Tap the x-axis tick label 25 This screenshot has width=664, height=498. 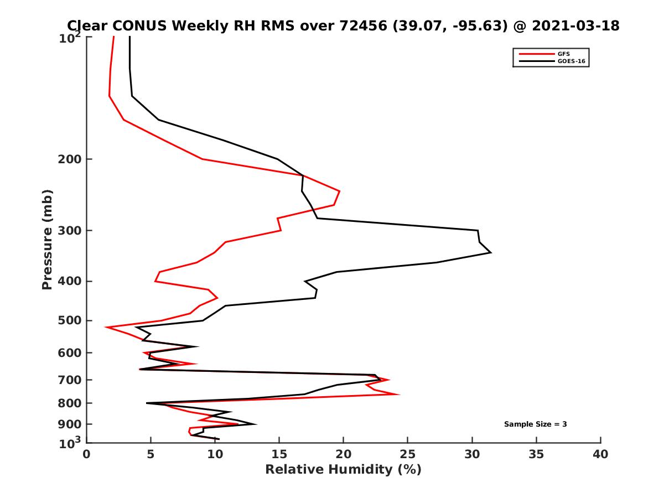tap(407, 455)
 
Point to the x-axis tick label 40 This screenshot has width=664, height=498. tap(600, 455)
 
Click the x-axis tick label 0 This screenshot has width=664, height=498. tap(87, 455)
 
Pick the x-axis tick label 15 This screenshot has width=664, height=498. tap(279, 455)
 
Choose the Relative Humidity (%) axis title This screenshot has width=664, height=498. tap(343, 470)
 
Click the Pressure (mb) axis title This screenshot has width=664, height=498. tap(47, 240)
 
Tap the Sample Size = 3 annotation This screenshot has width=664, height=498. tap(535, 424)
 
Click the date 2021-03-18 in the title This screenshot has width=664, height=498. tap(575, 25)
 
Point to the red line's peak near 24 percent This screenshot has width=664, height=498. tap(399, 395)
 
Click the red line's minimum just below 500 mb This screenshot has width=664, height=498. tap(106, 328)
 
